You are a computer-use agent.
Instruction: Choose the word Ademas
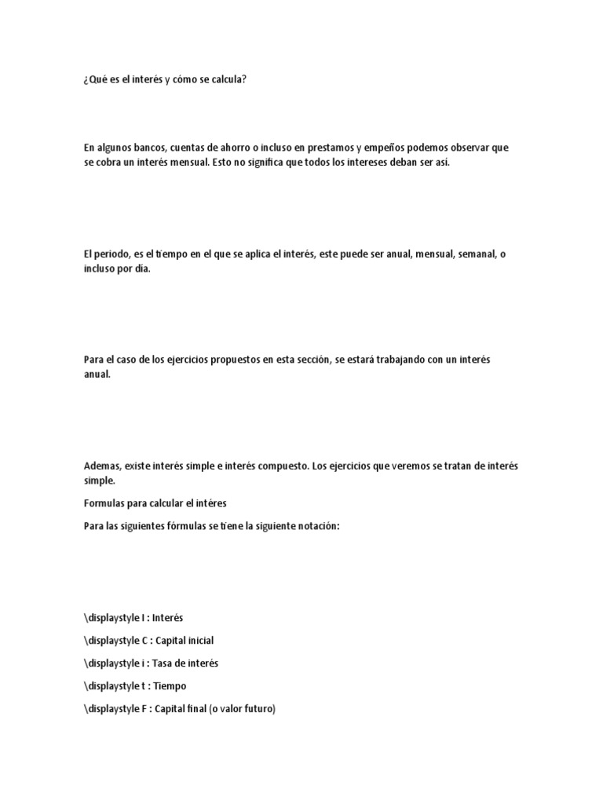click(102, 466)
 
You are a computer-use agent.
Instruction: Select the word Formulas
click(104, 502)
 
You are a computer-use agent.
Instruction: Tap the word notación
click(314, 525)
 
